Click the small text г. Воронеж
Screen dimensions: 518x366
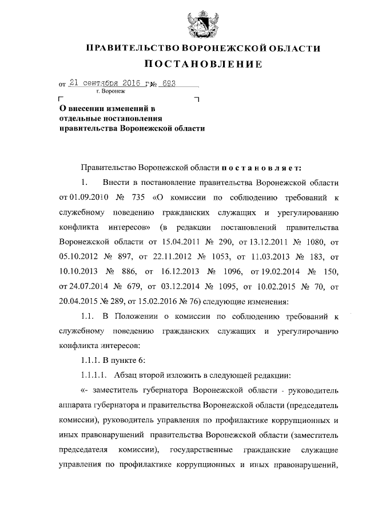pyautogui.click(x=110, y=91)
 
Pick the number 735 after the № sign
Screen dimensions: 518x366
pyautogui.click(x=139, y=197)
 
